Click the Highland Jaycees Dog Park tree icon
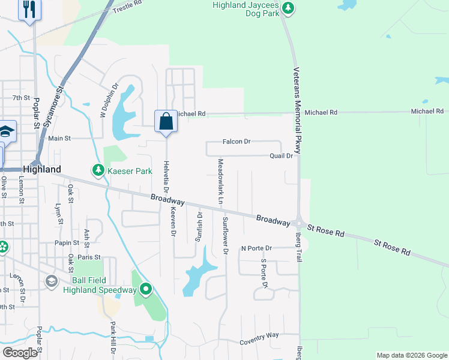(289, 8)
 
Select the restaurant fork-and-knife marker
(29, 10)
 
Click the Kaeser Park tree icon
(98, 171)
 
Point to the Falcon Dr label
(236, 142)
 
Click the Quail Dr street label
(281, 156)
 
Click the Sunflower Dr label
(226, 235)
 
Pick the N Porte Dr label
(256, 248)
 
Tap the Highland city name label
(41, 170)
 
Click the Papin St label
(67, 243)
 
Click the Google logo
(20, 353)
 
